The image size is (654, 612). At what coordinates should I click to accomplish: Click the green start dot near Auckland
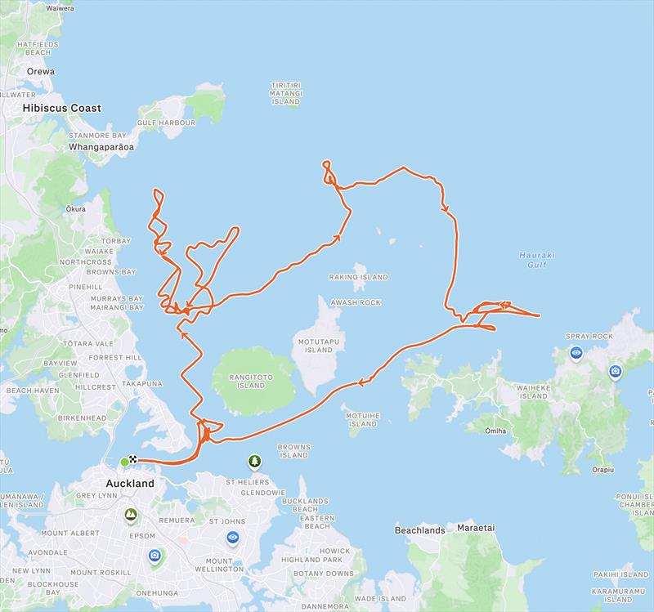point(124,462)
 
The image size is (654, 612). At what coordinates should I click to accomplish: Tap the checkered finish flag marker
point(132,461)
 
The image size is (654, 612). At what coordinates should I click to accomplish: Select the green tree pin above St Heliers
point(254,463)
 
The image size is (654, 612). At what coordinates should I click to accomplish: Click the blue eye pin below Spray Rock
point(577,354)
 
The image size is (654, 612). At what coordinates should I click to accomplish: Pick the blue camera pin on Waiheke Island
point(616,372)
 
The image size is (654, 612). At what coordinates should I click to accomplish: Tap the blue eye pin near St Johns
point(233,538)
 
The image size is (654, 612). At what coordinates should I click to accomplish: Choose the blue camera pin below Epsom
point(155,556)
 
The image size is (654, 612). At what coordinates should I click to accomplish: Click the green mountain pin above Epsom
point(130,515)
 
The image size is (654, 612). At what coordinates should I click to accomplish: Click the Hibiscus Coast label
point(62,108)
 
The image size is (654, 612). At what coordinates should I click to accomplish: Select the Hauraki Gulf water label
point(537,260)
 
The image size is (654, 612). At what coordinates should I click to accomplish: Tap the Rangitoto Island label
point(240,382)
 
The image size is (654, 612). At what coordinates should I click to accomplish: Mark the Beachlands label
point(419,530)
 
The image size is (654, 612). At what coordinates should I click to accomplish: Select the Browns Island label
point(293,451)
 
